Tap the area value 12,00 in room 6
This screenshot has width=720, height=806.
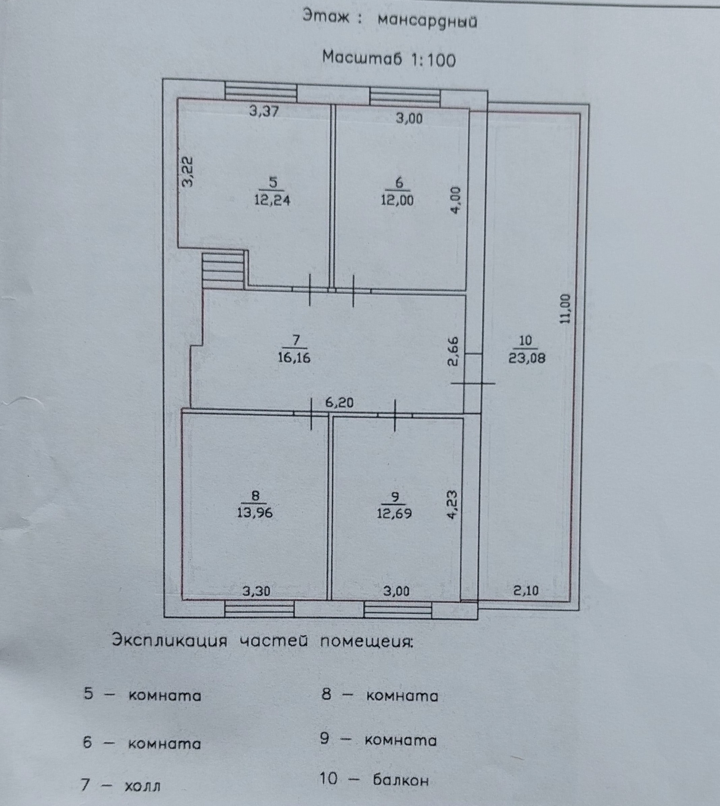397,200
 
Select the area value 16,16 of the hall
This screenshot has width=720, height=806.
294,358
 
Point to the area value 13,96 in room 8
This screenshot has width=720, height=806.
255,513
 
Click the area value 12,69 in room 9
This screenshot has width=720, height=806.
395,513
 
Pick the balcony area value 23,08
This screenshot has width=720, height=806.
527,358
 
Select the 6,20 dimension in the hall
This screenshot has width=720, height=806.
339,403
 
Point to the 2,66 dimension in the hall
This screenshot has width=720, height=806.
454,351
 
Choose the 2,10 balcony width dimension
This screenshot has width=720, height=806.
526,591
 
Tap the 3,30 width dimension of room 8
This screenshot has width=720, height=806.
256,591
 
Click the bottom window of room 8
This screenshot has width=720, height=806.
259,609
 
